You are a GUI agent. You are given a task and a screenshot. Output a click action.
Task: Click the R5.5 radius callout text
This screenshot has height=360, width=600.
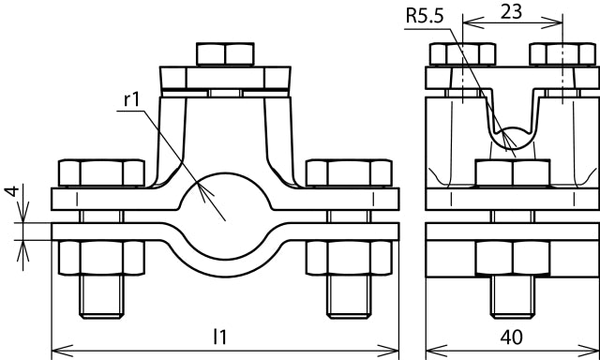point(425,15)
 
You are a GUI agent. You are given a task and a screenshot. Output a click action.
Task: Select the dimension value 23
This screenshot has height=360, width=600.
point(511,12)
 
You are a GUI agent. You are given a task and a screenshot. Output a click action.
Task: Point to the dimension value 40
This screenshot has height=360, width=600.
point(511,337)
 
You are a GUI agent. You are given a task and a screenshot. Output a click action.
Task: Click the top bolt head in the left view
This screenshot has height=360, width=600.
point(225,53)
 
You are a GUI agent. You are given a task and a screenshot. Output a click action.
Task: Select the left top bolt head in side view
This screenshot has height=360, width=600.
point(460,54)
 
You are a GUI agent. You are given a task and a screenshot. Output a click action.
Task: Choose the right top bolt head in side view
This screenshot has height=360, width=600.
point(562,54)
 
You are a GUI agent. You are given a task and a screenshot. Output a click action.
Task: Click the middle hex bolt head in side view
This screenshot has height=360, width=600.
point(512,173)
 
